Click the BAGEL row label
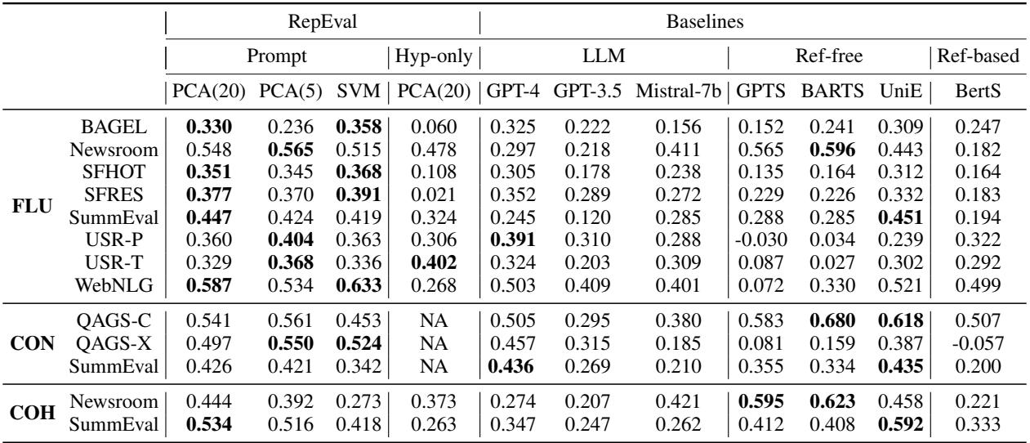106,127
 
